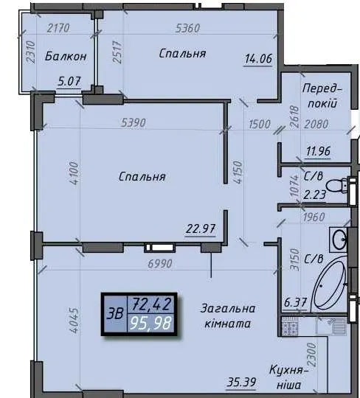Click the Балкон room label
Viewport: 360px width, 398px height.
point(66,56)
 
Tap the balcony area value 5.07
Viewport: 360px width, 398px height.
point(69,82)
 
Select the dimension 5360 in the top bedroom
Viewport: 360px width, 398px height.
point(188,29)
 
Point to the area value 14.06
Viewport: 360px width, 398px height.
point(258,59)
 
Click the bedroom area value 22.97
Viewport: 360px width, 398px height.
point(201,229)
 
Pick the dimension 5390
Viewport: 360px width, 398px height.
point(134,123)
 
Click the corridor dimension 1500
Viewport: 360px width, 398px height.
point(260,125)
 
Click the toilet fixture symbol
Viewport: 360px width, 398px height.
point(337,185)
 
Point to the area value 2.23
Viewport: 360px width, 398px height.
point(315,195)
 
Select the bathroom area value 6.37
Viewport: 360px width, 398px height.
point(295,303)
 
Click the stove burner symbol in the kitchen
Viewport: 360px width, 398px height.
point(290,327)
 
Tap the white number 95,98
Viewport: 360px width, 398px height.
point(151,324)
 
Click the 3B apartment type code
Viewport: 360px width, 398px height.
point(115,314)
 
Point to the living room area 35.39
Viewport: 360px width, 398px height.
point(241,383)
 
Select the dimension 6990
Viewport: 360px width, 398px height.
point(160,264)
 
